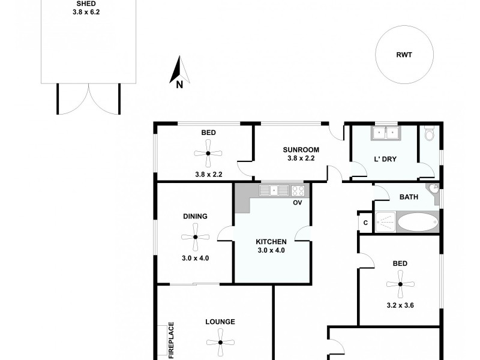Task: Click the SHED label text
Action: tap(89, 3)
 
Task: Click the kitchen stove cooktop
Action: tap(298, 191)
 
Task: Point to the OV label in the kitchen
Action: tap(297, 203)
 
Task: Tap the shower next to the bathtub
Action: tap(385, 221)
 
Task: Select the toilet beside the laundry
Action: tap(428, 134)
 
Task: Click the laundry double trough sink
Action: tap(385, 133)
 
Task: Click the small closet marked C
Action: tap(364, 222)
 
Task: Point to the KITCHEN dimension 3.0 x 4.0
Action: tap(272, 250)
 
